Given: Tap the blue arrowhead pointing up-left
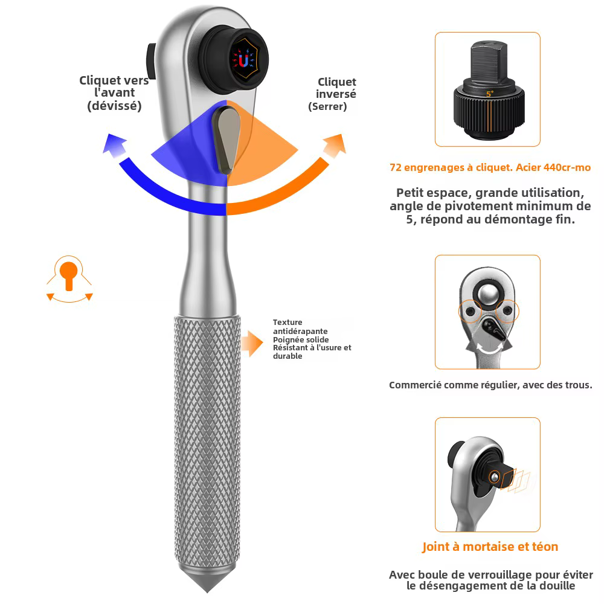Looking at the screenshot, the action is coord(115,145).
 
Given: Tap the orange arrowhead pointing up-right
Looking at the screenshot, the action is coord(335,145).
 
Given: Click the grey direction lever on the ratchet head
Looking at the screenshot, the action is coord(226,140).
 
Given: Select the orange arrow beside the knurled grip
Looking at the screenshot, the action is coord(252,343).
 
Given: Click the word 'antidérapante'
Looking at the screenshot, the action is coord(300,331).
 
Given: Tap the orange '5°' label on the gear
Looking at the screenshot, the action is coord(490,94).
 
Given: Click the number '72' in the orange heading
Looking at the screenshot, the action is coord(396,167).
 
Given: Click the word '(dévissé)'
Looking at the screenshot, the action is coord(114,106).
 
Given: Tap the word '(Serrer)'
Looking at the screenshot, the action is coord(327,107).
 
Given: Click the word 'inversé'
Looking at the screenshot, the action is coord(336,94).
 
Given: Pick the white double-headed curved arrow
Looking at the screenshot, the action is coord(489,349).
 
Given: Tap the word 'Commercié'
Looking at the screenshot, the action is coord(415,385).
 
